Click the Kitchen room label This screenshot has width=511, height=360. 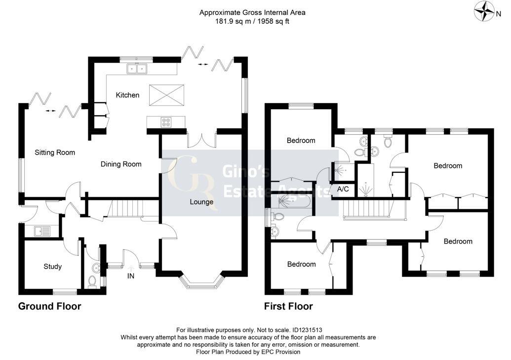127,95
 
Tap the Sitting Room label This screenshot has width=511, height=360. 55,152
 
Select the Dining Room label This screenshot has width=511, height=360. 121,164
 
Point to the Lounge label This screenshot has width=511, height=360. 201,202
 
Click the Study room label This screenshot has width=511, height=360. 52,266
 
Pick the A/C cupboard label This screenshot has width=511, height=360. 343,189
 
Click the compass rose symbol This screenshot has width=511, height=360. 484,11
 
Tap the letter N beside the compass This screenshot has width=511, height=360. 498,14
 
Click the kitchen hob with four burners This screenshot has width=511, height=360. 166,122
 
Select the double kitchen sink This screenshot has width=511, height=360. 137,69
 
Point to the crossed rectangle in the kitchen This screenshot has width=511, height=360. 166,95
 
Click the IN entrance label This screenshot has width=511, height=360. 130,276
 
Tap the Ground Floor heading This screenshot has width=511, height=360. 49,306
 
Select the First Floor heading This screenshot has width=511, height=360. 288,306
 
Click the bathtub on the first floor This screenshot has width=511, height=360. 292,201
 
